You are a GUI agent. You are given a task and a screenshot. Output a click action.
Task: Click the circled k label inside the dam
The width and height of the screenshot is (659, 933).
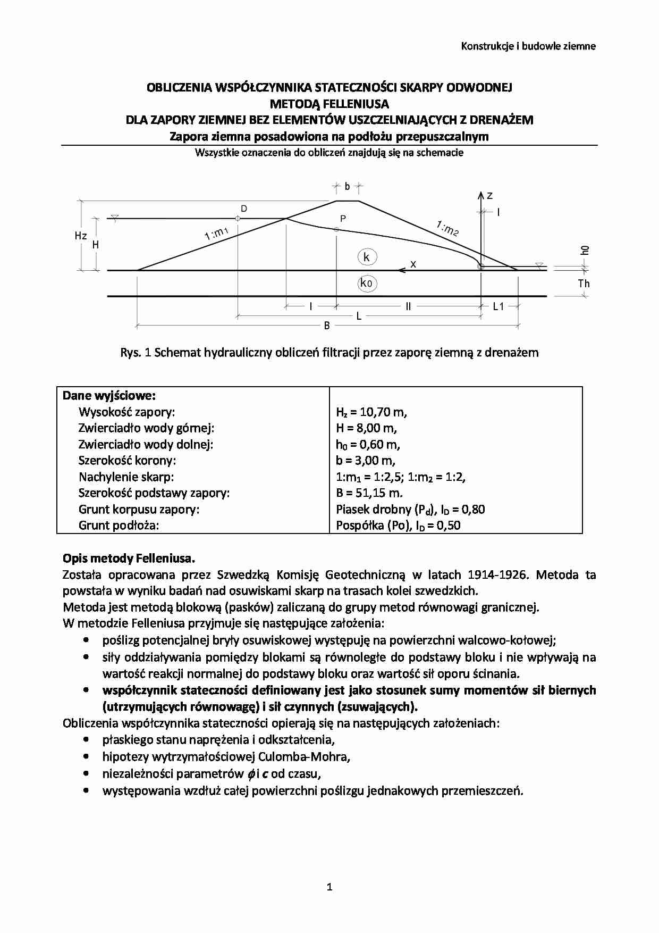pos(367,257)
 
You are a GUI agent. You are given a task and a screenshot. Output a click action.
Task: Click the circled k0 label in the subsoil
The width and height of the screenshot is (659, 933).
pos(367,284)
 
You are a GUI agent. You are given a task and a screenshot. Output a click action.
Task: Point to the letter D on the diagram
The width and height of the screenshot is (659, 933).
pos(244,209)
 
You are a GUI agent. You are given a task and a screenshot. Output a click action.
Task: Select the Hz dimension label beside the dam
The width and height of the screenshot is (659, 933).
pos(81,236)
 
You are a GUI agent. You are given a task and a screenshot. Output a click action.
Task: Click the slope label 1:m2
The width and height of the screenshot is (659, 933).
pos(447,229)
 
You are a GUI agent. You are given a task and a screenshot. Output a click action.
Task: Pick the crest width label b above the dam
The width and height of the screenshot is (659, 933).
pos(347,187)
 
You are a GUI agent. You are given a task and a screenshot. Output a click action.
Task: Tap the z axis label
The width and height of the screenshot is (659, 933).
pos(489,196)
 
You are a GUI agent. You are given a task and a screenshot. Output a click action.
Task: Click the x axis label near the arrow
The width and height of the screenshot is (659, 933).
pos(413,264)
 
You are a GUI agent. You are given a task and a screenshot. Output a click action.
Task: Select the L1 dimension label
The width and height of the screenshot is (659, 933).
pos(499,306)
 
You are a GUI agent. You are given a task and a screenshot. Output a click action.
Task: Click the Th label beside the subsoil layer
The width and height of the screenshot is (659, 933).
pos(584,284)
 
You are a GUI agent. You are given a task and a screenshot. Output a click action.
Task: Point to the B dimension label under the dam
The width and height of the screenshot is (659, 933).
pos(327,326)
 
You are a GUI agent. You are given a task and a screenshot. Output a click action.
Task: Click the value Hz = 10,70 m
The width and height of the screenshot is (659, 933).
pos(371,412)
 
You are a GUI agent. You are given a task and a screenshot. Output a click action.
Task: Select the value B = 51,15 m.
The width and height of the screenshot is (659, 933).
pos(369,493)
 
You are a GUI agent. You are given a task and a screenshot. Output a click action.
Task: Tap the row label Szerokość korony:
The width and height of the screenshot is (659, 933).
pos(127,461)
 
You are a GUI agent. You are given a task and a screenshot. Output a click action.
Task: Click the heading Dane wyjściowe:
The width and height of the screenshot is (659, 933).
pos(109,396)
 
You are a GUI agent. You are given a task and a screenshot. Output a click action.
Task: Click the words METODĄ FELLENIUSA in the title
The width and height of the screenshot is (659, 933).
pos(329,104)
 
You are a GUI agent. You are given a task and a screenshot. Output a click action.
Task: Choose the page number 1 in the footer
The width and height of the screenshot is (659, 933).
pos(329,887)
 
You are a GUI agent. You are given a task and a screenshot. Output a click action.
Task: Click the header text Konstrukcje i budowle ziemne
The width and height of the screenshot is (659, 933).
pos(528,46)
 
